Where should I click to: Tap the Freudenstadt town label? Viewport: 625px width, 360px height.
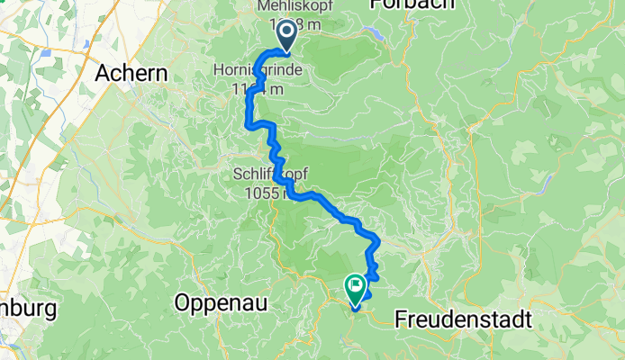tap(463, 319)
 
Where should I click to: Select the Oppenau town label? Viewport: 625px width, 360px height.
tap(222, 302)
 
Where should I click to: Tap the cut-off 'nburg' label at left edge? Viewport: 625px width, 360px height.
tap(27, 310)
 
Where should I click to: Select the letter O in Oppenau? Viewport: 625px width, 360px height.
tap(181, 302)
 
